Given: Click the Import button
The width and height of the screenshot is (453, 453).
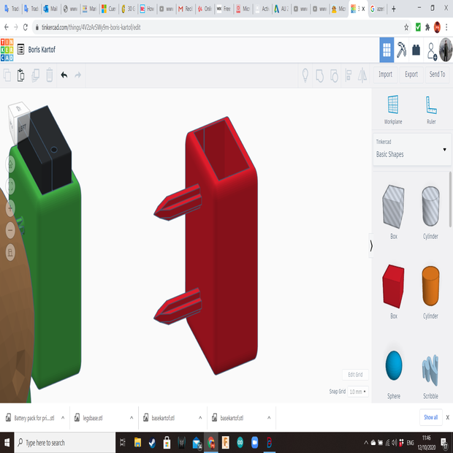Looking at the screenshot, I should [x=385, y=75].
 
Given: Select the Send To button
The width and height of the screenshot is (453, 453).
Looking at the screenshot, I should [x=437, y=75].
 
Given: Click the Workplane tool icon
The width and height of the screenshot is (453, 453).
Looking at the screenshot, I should [x=393, y=106].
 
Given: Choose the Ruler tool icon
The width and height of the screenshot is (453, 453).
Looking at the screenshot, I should [x=431, y=106].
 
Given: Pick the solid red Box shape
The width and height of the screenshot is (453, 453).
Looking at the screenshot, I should [x=393, y=286].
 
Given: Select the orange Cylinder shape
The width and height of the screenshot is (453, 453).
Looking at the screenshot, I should [x=430, y=286].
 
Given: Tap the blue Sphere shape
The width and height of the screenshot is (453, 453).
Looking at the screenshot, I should [x=394, y=365].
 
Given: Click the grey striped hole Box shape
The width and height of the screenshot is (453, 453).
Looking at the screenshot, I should [x=393, y=206].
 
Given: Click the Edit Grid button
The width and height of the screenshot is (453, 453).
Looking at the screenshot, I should [x=355, y=375].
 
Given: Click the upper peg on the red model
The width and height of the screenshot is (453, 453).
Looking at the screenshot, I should [x=177, y=203].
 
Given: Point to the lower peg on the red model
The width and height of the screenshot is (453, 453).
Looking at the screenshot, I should [x=177, y=306].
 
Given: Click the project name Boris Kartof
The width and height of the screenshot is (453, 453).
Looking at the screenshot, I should [x=37, y=50].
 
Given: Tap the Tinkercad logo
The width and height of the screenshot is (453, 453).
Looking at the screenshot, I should [x=7, y=50].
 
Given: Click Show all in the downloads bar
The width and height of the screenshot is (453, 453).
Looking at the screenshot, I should [x=430, y=417].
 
